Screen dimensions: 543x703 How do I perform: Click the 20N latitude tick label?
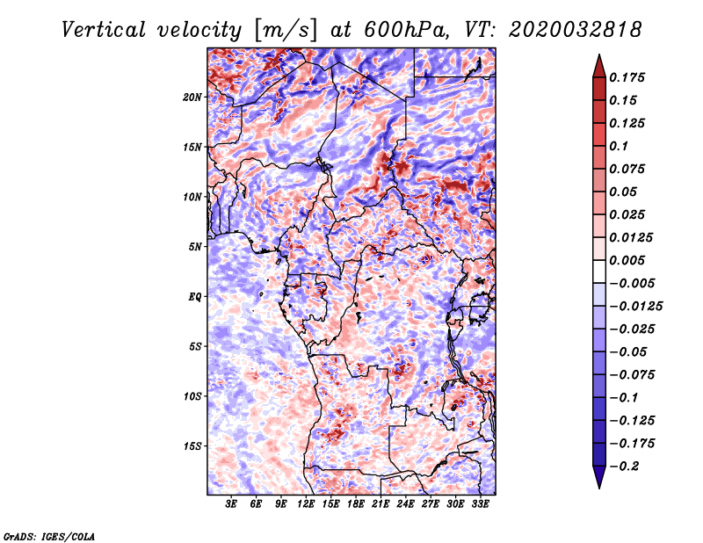tap(192, 97)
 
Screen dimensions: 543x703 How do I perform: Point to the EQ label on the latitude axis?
tap(195, 297)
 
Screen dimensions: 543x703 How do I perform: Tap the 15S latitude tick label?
tap(192, 446)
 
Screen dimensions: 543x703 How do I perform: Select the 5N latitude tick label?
tap(195, 247)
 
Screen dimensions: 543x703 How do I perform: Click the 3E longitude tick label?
tap(231, 505)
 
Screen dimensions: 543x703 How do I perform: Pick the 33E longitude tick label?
tap(481, 505)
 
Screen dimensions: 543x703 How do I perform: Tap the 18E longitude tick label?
tap(356, 505)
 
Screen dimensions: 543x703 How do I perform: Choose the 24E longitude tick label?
tap(406, 505)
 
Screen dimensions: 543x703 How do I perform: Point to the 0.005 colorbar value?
tap(629, 260)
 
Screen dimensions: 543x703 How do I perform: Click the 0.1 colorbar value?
tap(619, 146)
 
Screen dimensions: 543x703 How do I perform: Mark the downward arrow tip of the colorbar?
tap(598, 486)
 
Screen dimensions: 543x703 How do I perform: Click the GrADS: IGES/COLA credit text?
tap(49, 535)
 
